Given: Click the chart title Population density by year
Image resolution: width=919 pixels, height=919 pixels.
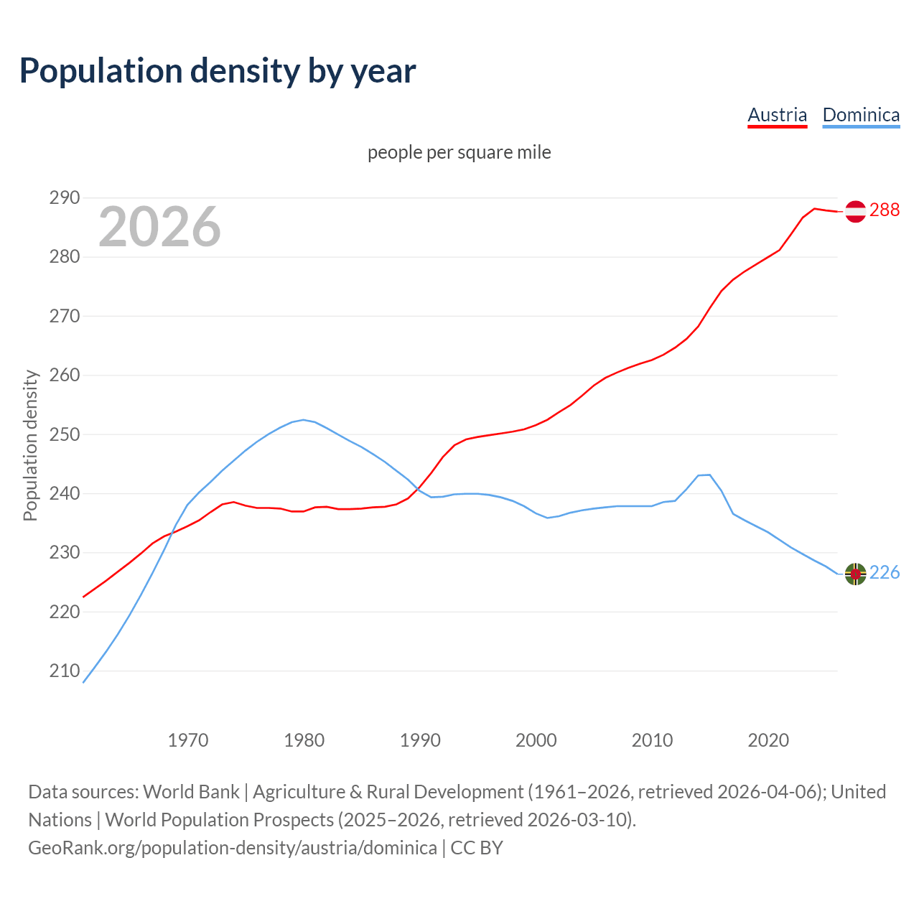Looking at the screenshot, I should point(218,71).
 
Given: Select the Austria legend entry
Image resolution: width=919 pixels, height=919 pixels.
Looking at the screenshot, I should point(777,115).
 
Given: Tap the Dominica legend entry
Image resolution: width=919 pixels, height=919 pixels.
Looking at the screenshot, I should point(861,115).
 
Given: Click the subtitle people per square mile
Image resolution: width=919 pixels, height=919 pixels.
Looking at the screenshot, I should point(459,152).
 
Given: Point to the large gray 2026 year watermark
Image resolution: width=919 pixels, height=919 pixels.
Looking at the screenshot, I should point(159,227).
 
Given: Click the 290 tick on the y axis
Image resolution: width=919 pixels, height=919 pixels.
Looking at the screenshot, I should point(64,197).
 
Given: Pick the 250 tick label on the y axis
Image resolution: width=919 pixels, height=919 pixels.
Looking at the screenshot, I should point(64,434).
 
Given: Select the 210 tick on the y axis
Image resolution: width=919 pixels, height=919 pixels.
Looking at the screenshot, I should point(64,671).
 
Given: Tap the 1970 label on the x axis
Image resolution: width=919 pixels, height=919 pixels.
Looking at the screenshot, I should point(188,740).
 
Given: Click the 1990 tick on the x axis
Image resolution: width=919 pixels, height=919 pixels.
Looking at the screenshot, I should point(420,740).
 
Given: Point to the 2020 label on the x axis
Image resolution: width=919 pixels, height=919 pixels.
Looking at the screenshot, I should point(768,740).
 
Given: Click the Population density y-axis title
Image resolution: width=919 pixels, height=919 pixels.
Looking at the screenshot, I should point(30,445).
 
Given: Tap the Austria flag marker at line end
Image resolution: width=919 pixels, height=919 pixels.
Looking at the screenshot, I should point(855,211).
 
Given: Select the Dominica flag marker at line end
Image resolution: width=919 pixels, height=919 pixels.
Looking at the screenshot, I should point(855,574).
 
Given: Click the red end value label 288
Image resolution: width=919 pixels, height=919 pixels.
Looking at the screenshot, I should point(885,210).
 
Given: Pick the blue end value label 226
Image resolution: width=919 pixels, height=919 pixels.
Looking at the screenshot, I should point(885,572).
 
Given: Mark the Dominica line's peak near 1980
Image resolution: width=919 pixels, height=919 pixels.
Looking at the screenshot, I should point(303,420).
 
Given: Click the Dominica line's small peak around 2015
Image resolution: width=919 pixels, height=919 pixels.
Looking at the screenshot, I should point(709,475).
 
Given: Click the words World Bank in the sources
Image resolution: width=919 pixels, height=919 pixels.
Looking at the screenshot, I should point(191,791).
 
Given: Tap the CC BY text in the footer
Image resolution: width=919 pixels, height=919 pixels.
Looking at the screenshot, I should point(477,847).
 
